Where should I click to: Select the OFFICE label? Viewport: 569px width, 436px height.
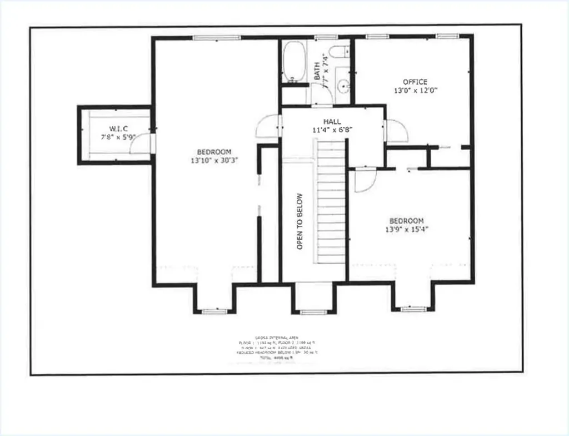pos(415,82)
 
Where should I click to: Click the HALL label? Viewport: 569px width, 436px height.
pos(332,122)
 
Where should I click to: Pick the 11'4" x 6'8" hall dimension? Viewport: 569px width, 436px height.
pos(332,130)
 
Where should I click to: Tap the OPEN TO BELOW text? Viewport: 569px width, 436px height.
pos(300,221)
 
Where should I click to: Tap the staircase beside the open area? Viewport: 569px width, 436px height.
pos(331,203)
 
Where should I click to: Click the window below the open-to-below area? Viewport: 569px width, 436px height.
pos(311,312)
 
